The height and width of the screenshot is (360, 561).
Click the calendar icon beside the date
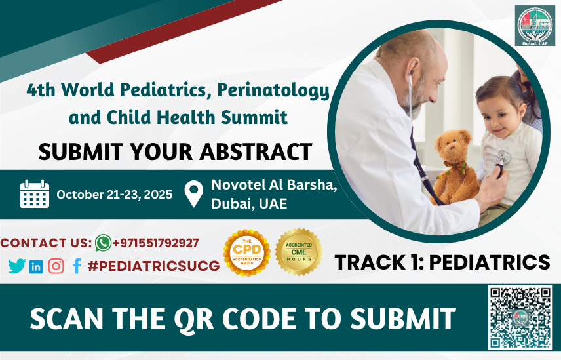pyautogui.click(x=35, y=194)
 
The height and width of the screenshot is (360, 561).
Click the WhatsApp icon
pyautogui.click(x=103, y=243)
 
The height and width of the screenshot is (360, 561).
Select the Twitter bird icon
pyautogui.click(x=16, y=266)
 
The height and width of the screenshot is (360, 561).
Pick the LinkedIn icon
pyautogui.click(x=36, y=266)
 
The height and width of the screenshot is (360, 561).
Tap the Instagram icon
pyautogui.click(x=56, y=266)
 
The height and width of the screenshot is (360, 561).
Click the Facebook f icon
pyautogui.click(x=77, y=266)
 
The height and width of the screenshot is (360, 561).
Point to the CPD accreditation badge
pyautogui.click(x=246, y=252)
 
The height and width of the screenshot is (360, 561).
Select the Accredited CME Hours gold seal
pyautogui.click(x=298, y=251)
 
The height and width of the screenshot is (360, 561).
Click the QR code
pyautogui.click(x=520, y=318)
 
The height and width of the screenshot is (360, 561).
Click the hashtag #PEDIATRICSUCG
pyautogui.click(x=153, y=266)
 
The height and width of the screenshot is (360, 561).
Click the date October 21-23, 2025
pyautogui.click(x=114, y=194)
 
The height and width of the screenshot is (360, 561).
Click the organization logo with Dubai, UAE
pyautogui.click(x=533, y=26)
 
